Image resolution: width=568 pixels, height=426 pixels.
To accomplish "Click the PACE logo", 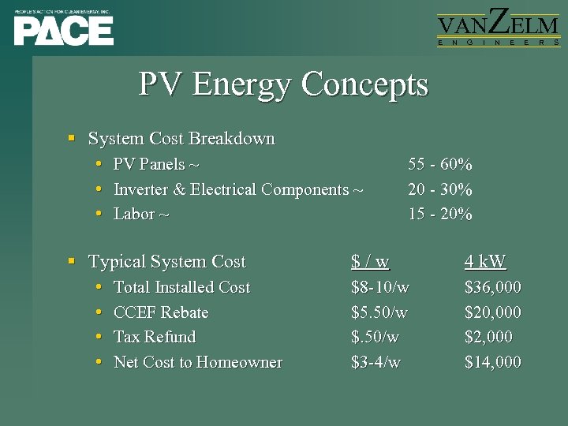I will [64, 28].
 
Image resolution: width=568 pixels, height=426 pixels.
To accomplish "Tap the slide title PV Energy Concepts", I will [283, 84].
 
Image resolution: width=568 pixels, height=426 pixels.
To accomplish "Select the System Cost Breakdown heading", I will [181, 139].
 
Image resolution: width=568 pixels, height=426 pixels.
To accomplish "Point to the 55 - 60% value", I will [439, 165].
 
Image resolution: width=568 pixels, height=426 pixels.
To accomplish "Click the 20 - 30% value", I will [439, 189].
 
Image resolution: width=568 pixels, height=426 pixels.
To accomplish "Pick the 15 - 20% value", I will [439, 214].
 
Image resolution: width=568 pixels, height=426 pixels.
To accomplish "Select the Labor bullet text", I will [141, 214].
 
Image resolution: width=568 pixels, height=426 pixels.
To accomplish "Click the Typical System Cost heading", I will [167, 262].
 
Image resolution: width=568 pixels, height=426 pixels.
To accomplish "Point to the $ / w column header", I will [370, 262].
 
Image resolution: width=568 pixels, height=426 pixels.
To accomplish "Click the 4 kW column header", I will [485, 262].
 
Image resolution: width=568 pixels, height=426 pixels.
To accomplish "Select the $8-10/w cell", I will [379, 287].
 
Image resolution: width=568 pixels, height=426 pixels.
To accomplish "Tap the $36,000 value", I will [492, 287].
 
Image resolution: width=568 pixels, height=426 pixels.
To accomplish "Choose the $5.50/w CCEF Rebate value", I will [379, 312].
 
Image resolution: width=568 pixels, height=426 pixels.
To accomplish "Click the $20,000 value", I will [492, 312].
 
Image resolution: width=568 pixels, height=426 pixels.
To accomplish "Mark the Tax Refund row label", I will [155, 337].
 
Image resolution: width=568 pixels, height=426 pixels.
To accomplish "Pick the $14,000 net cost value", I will [492, 362].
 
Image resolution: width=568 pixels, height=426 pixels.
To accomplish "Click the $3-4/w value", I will [376, 362].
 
